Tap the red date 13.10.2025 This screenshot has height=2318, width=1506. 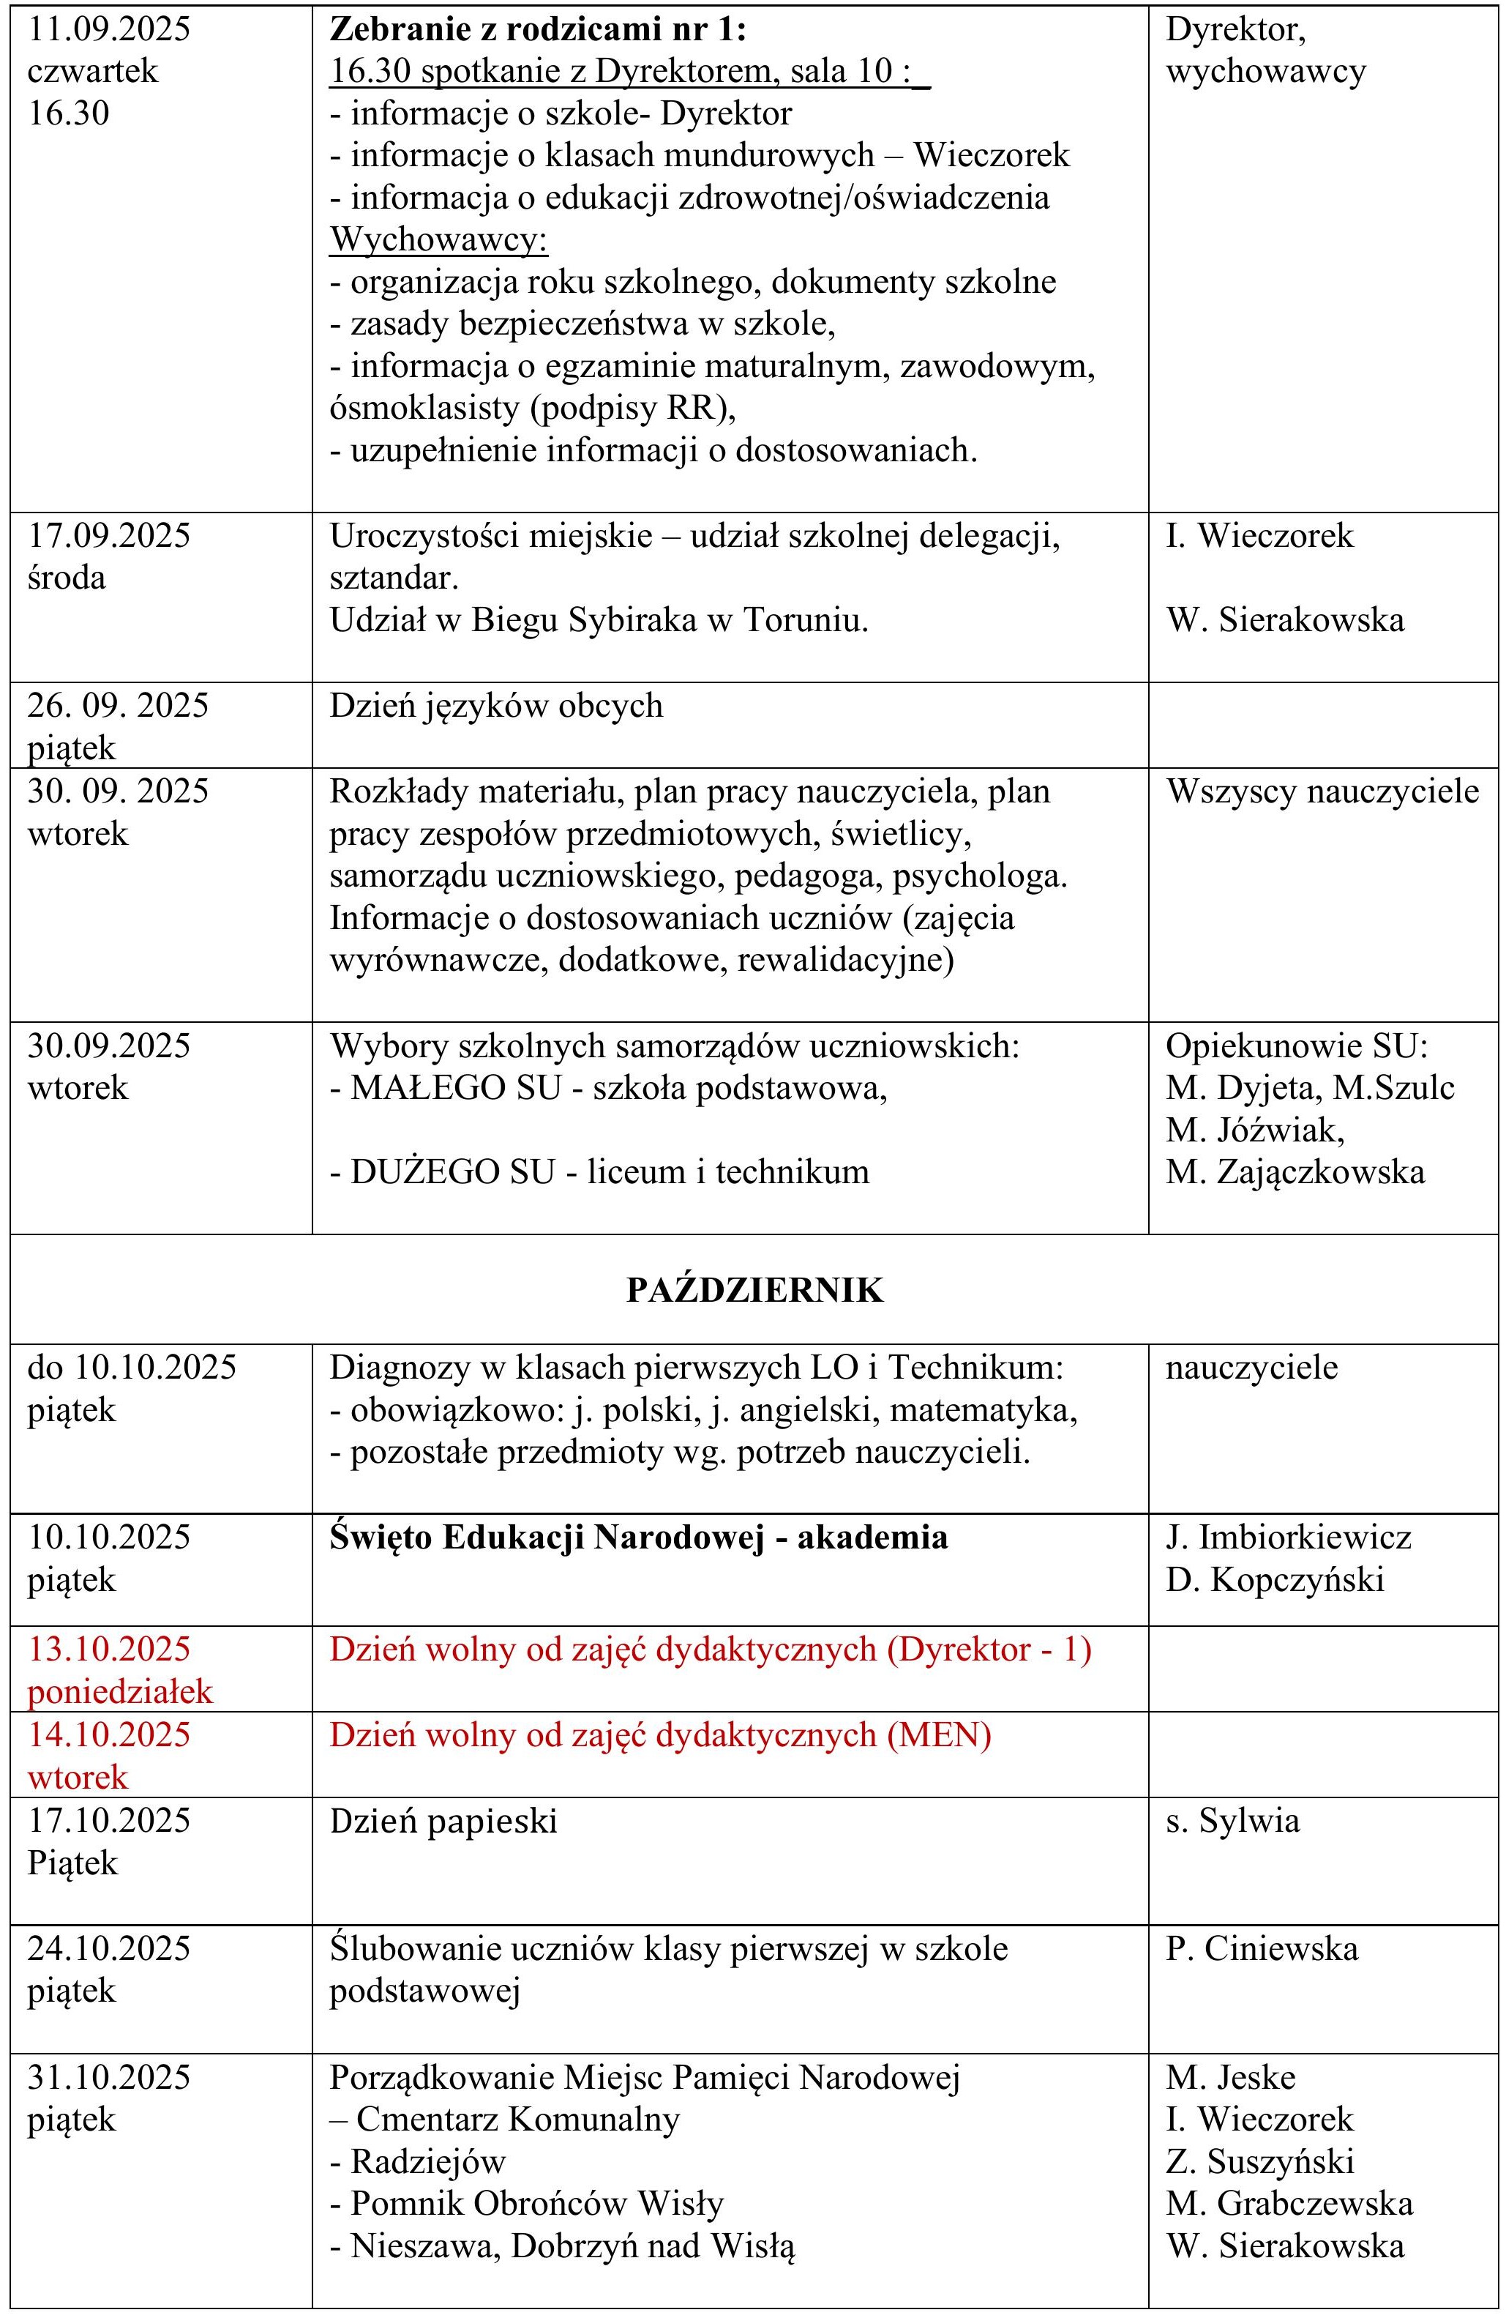[109, 1649]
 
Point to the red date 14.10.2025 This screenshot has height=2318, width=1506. [109, 1734]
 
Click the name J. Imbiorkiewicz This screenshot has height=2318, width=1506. [1288, 1537]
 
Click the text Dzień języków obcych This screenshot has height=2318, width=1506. [496, 705]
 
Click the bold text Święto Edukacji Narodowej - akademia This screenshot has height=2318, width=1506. [639, 1537]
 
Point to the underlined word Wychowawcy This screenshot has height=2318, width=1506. [439, 239]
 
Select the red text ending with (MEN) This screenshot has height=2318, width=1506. [660, 1734]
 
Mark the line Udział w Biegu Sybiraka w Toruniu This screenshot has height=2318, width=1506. [599, 620]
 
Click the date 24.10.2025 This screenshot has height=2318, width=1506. [109, 1948]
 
